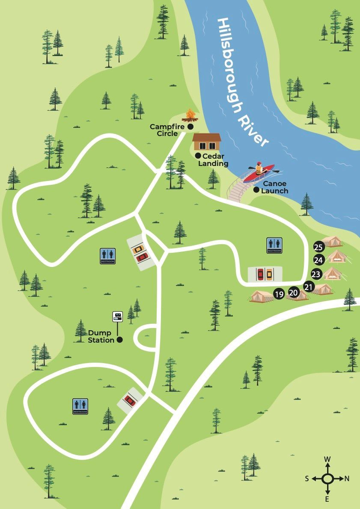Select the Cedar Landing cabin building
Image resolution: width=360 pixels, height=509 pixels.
pos(207,142)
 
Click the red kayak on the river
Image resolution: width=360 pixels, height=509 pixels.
pos(259,172)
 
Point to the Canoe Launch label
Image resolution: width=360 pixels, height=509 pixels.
pos(274,187)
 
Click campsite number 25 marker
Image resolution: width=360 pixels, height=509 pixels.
pos(318,247)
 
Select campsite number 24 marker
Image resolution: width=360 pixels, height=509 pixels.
pos(318,260)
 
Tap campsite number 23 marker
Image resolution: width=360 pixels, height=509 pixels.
pos(316,274)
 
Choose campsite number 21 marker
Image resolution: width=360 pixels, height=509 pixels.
pos(309,287)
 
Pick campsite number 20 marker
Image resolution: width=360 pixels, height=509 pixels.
pos(293,293)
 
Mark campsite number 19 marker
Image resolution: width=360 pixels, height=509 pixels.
pos(279,294)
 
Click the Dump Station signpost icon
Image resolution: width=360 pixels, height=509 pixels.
pos(117,317)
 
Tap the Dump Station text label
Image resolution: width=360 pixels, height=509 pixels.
pos(101,337)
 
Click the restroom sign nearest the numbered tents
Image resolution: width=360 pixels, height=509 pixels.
pos(274,245)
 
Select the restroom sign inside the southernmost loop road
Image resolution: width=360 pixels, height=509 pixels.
pos(80,406)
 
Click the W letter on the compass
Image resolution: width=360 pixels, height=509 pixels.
pos(327,459)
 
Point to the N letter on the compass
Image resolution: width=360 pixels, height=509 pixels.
pos(347,479)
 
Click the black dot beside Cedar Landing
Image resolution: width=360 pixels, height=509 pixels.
pos(198,156)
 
